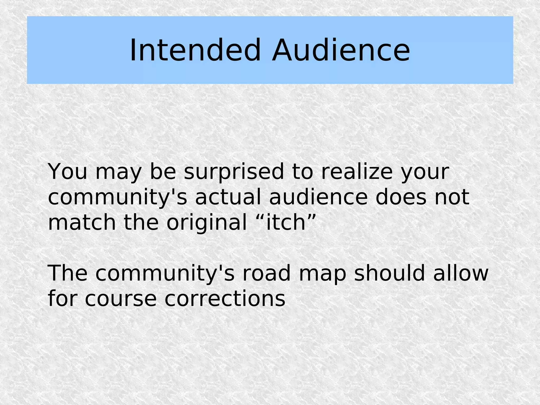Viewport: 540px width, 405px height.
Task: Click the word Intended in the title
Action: [195, 50]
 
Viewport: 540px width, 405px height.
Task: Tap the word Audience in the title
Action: [341, 50]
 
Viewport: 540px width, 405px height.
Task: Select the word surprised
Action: [234, 172]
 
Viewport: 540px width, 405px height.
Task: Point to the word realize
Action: [357, 172]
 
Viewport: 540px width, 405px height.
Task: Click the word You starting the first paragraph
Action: [67, 172]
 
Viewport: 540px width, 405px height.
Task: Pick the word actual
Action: [228, 197]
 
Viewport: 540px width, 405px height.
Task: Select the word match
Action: [82, 223]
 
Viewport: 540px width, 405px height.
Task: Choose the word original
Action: [206, 223]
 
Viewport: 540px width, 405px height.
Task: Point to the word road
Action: [266, 274]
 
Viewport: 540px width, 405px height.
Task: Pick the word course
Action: [121, 299]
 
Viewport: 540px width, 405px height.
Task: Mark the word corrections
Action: [225, 299]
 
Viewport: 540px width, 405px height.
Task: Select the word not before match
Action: [452, 197]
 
